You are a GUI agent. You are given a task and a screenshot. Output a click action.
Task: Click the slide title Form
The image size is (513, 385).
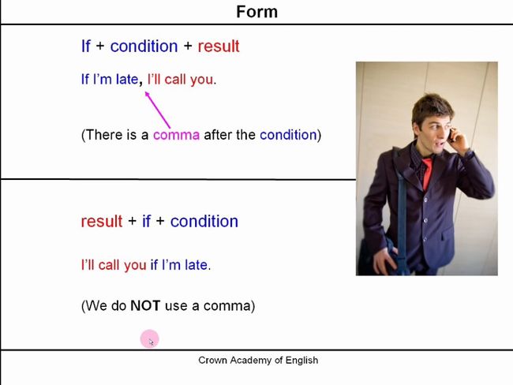pyautogui.click(x=256, y=12)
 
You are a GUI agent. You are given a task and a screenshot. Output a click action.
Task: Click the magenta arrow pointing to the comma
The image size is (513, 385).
pyautogui.click(x=157, y=110)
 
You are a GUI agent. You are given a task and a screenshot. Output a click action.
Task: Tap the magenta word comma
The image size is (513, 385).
pyautogui.click(x=176, y=135)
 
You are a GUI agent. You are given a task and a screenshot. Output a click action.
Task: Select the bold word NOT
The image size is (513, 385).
pyautogui.click(x=145, y=306)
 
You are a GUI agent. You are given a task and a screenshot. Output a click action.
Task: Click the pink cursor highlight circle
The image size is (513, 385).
pyautogui.click(x=149, y=339)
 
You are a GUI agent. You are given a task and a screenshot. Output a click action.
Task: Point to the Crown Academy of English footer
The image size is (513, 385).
pyautogui.click(x=258, y=360)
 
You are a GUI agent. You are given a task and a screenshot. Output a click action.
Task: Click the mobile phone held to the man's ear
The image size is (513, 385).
pyautogui.click(x=451, y=135)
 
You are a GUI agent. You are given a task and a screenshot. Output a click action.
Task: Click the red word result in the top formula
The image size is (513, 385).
pyautogui.click(x=219, y=46)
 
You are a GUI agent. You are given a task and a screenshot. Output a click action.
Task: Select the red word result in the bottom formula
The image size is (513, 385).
pyautogui.click(x=102, y=221)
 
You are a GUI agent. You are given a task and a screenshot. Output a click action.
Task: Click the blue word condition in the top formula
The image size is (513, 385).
pyautogui.click(x=144, y=46)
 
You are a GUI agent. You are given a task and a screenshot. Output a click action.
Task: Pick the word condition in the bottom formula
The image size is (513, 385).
pyautogui.click(x=204, y=221)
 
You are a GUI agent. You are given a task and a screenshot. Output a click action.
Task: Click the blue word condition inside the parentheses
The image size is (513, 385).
pyautogui.click(x=288, y=135)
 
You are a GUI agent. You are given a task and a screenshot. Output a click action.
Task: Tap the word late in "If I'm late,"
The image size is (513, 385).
pyautogui.click(x=127, y=80)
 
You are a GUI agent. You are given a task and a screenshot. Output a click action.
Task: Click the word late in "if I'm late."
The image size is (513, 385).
pyautogui.click(x=196, y=265)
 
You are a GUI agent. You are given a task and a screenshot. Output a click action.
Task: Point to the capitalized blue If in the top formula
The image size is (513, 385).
pyautogui.click(x=86, y=46)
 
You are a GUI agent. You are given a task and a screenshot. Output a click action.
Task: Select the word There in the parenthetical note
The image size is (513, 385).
pyautogui.click(x=103, y=135)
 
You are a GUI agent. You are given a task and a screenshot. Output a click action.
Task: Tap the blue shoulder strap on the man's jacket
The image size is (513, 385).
pyautogui.click(x=402, y=209)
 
